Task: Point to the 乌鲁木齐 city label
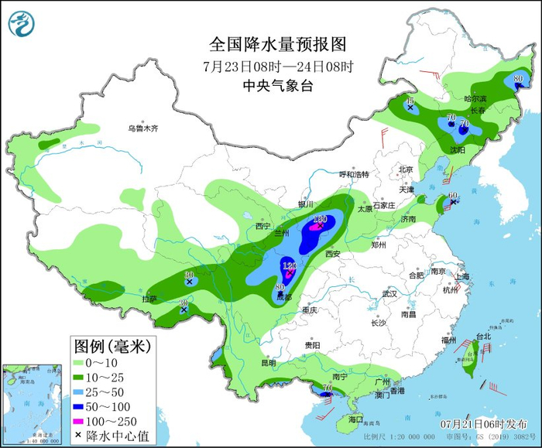142,128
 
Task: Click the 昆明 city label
268,362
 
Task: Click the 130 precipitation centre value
319,221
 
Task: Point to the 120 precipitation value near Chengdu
290,266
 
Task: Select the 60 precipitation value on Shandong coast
454,195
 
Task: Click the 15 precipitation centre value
411,100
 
